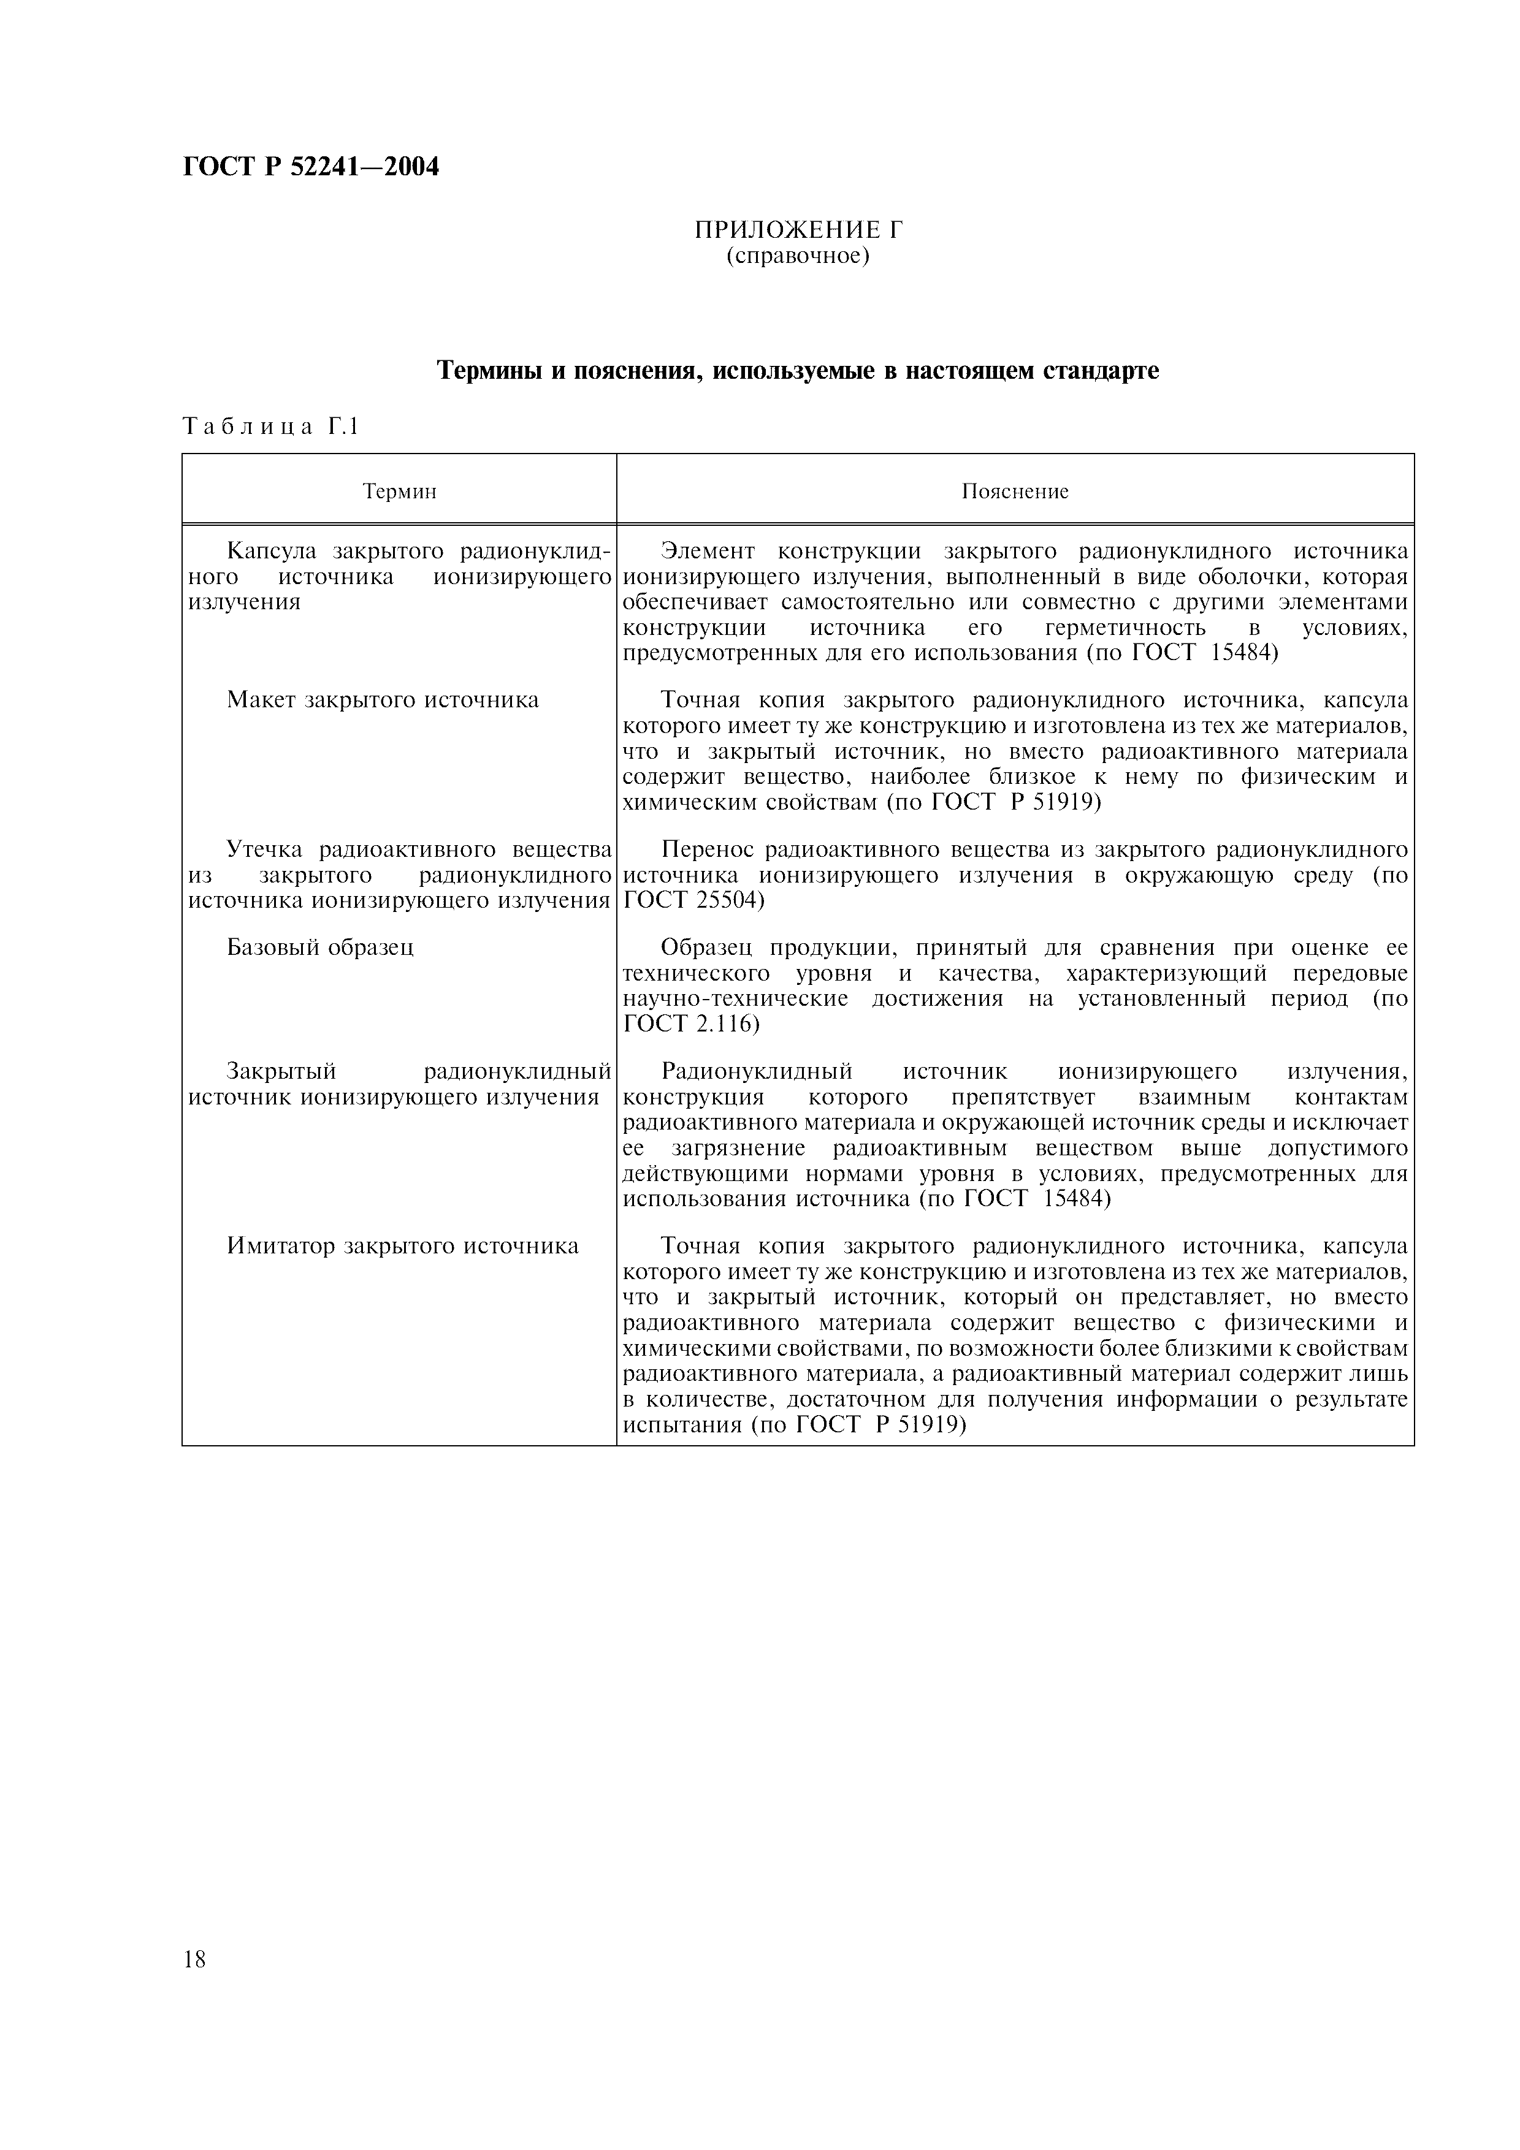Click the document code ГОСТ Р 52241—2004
tap(311, 167)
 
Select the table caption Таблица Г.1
tap(270, 427)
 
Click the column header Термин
tap(399, 492)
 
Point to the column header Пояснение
tap(1015, 492)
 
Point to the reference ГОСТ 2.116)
tap(691, 1024)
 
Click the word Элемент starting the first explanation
tap(706, 552)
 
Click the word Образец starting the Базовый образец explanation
tap(707, 947)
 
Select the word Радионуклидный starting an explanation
tap(757, 1070)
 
